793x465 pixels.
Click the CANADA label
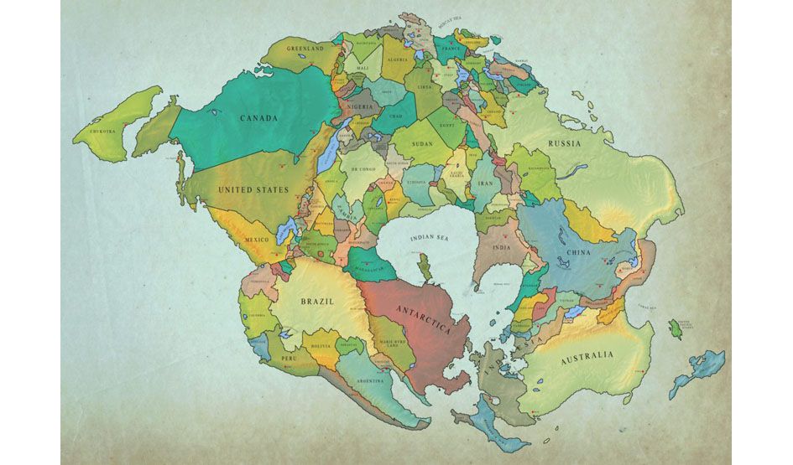click(258, 118)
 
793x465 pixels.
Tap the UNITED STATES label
click(253, 190)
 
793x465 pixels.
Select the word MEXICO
click(257, 240)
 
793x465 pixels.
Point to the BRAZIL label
click(318, 300)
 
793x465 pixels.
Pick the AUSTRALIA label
click(587, 355)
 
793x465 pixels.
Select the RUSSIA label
click(565, 143)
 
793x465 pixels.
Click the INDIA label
click(501, 247)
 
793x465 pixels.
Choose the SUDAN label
click(422, 144)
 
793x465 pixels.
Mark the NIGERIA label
click(357, 107)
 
